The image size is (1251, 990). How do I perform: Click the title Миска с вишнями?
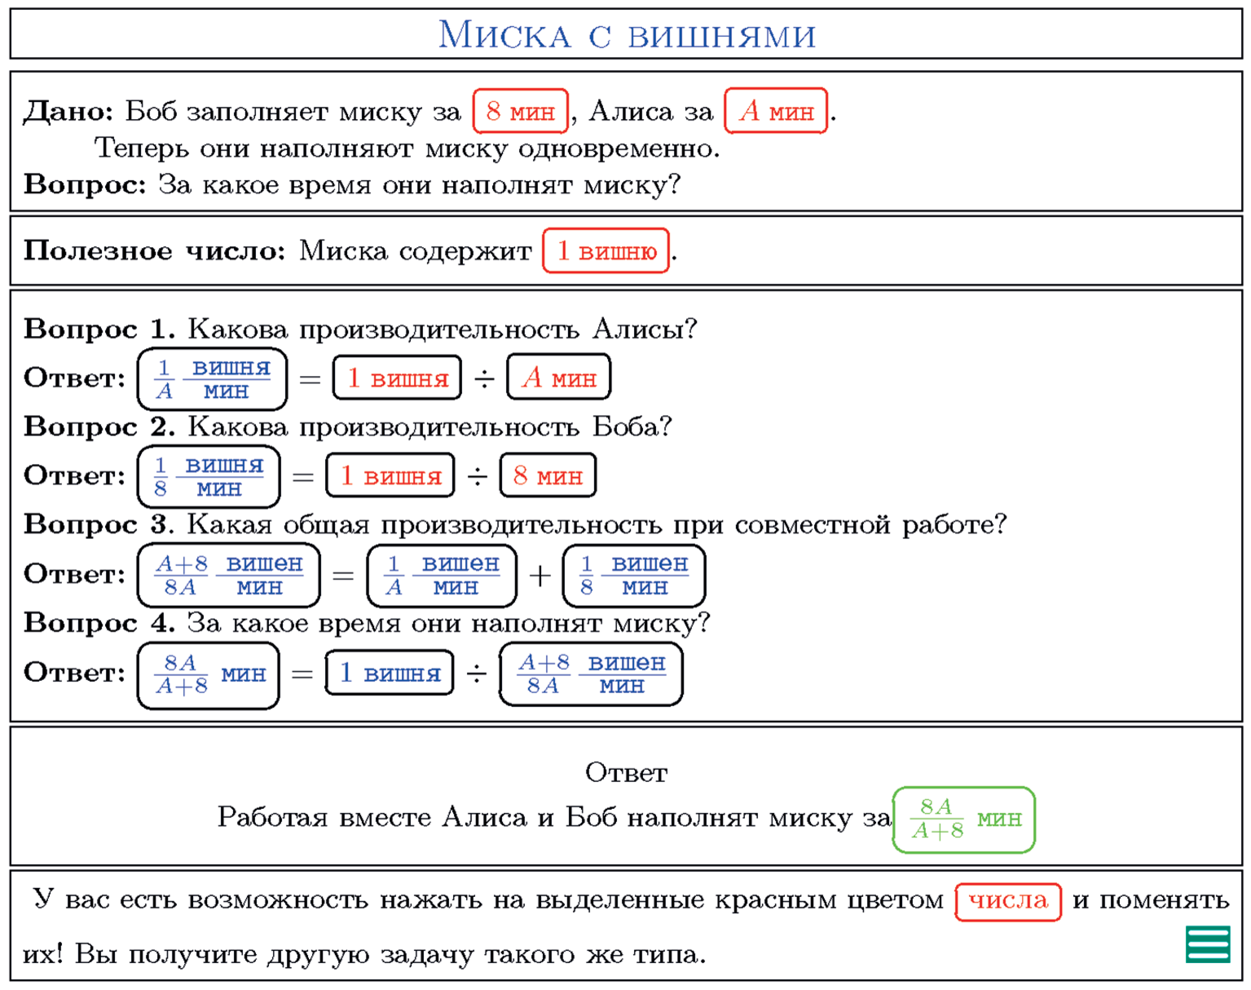click(626, 34)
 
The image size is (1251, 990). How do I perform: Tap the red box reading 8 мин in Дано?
click(520, 111)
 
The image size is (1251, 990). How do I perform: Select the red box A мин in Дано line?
click(776, 111)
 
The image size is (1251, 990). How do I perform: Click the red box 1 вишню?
click(606, 251)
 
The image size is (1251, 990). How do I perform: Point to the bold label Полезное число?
click(154, 251)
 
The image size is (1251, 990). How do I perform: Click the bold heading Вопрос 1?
click(99, 329)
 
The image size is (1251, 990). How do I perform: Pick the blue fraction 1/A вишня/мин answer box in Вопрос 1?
click(213, 379)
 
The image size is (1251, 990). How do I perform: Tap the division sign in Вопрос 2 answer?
click(477, 476)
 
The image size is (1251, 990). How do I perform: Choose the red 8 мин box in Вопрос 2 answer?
click(548, 476)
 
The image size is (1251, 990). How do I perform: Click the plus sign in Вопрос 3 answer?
click(540, 576)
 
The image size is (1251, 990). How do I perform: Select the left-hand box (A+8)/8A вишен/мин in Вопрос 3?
click(228, 576)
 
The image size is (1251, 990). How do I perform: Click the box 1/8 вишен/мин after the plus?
click(633, 576)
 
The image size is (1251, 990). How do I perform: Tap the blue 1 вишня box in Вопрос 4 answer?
click(390, 674)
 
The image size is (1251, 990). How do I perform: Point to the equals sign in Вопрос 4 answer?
click(302, 674)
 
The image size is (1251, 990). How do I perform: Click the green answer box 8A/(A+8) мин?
click(963, 820)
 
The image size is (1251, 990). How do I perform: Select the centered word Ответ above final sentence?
click(626, 773)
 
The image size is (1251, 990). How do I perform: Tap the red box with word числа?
click(1007, 901)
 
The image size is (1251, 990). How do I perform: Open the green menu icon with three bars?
click(1208, 944)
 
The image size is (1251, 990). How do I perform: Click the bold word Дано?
click(68, 111)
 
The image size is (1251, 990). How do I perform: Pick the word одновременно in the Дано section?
click(619, 148)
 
